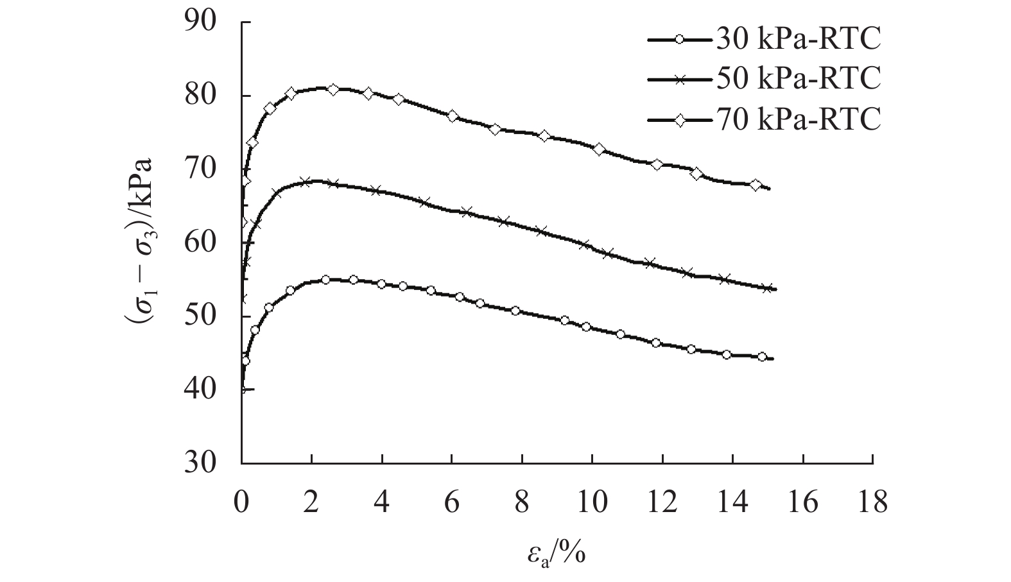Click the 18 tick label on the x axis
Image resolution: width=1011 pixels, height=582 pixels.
pyautogui.click(x=872, y=502)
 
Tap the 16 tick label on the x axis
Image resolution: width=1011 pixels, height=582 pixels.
pyautogui.click(x=802, y=502)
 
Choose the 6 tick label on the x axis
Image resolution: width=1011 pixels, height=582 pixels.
pyautogui.click(x=452, y=502)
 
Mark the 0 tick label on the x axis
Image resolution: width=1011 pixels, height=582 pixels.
pyautogui.click(x=242, y=502)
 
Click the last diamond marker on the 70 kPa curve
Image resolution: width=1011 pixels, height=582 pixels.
pyautogui.click(x=756, y=185)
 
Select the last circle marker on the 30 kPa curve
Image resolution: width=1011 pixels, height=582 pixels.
pyautogui.click(x=762, y=357)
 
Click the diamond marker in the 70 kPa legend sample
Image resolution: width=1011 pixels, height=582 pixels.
pyautogui.click(x=678, y=118)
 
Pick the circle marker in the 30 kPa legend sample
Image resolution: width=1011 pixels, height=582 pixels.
pyautogui.click(x=678, y=40)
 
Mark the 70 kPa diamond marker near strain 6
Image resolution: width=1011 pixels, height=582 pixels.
pyautogui.click(x=453, y=117)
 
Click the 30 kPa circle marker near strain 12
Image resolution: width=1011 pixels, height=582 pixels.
pyautogui.click(x=655, y=343)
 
